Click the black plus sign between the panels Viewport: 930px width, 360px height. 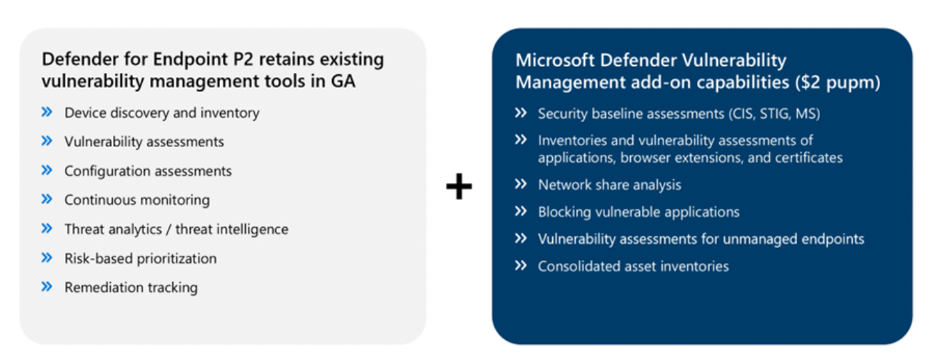tap(459, 187)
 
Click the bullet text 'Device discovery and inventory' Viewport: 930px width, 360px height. tap(161, 113)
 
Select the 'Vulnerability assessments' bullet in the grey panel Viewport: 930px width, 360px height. tap(144, 142)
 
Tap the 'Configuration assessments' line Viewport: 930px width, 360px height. tap(148, 171)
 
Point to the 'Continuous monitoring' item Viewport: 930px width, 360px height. tap(137, 200)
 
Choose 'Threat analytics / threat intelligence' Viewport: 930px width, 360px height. tap(176, 229)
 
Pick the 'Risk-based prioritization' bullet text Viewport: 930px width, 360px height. tap(140, 258)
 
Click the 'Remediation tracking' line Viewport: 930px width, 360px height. tap(131, 287)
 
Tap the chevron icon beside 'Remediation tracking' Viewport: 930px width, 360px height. tap(47, 286)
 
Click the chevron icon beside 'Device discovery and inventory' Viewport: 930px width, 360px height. tap(47, 112)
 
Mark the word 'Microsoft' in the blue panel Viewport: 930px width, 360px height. tap(551, 61)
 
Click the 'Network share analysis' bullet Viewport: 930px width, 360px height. tap(609, 185)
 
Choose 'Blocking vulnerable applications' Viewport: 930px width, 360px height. tap(639, 212)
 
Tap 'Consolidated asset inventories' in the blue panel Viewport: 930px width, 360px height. tap(633, 266)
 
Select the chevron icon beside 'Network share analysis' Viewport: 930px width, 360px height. tap(521, 184)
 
